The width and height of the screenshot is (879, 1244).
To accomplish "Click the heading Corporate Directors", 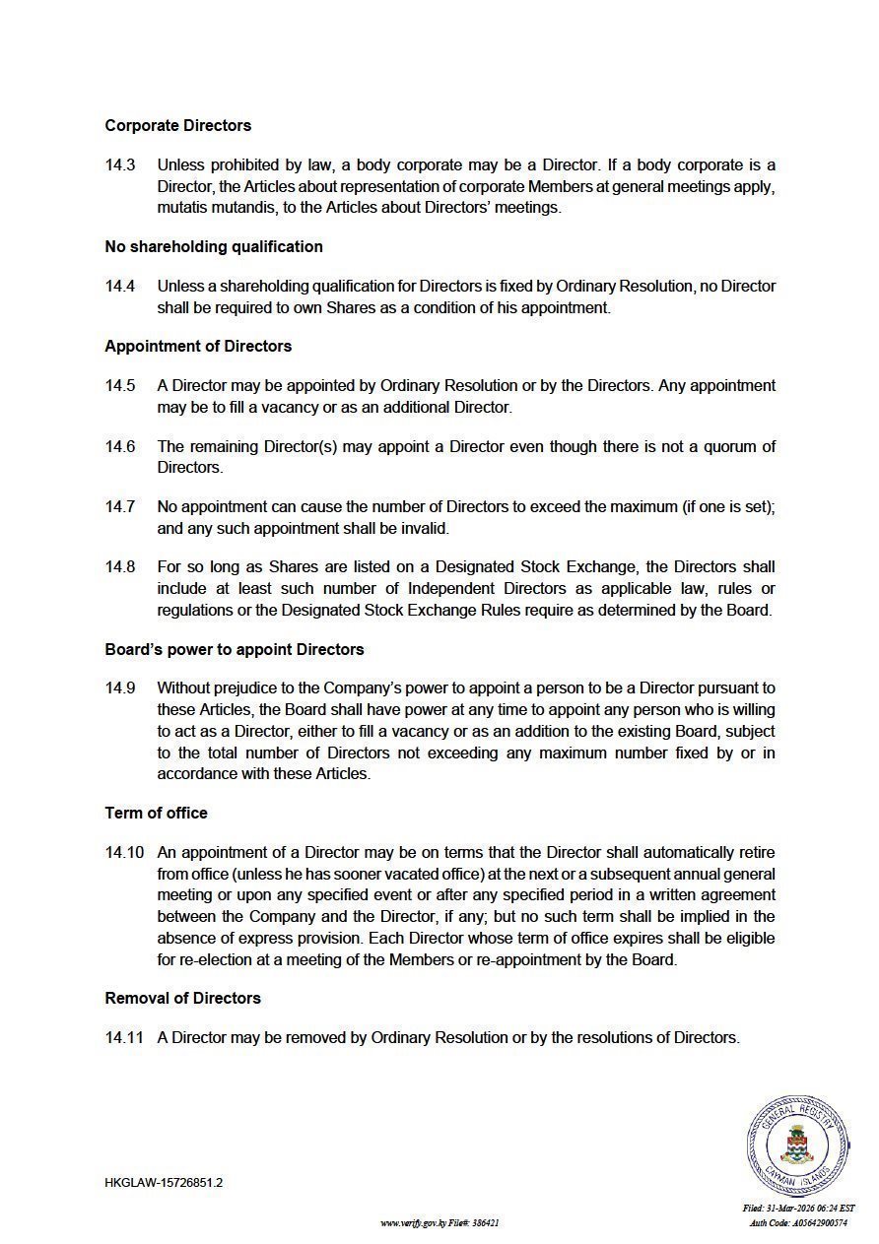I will pos(178,126).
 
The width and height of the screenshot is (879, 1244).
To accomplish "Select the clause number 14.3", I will pos(120,165).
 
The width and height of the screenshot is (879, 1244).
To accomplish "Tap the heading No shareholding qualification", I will pos(214,246).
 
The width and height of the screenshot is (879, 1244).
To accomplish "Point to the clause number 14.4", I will pos(120,287).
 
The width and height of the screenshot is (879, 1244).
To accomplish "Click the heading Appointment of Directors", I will pos(198,346).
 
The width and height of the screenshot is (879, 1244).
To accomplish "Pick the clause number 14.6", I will pos(120,446).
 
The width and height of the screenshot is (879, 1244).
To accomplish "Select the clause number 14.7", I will pos(120,507).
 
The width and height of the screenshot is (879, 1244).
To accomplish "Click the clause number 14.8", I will pos(120,567).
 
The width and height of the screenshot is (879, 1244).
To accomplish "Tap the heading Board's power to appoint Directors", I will pos(235,650).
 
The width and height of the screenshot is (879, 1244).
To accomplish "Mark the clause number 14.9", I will pos(120,688).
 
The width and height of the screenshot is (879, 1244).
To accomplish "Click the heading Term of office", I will pos(157,814).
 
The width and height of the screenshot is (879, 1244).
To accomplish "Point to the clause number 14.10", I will pos(124,853).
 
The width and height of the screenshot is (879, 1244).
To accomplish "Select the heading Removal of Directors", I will pos(183,999).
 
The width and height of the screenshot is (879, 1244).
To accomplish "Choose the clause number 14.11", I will pos(124,1038).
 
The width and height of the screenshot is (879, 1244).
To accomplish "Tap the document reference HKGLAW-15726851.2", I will pos(164,1183).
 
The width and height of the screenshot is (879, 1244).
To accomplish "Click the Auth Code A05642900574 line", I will pos(798,1223).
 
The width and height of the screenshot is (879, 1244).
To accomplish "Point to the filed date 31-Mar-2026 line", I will pos(798,1209).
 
